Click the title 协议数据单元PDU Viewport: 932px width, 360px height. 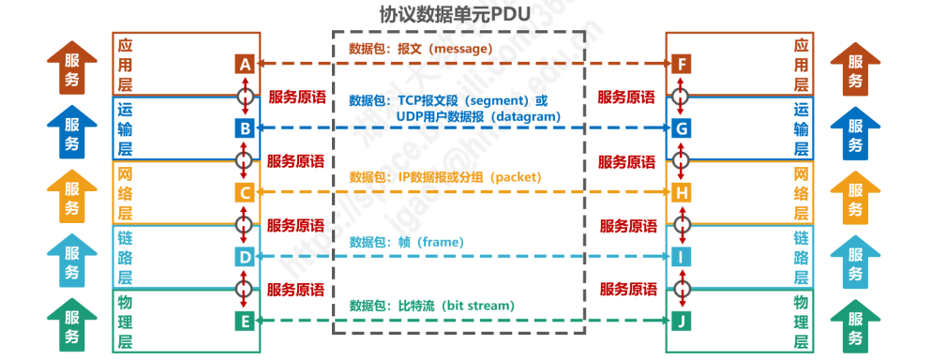point(458,15)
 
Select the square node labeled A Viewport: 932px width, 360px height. point(245,64)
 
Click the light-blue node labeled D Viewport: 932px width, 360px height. point(245,256)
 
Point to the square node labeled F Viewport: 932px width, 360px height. point(682,64)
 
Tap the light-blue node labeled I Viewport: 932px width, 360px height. point(682,256)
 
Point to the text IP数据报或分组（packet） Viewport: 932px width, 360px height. point(458,176)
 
